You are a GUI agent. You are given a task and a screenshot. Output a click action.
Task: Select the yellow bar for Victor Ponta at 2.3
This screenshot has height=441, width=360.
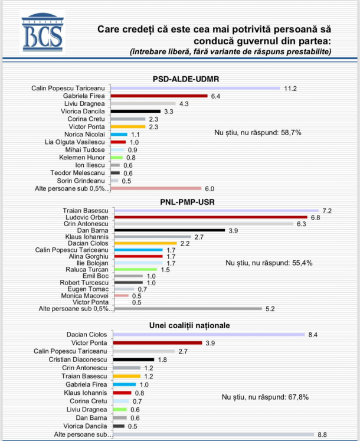coord(127,126)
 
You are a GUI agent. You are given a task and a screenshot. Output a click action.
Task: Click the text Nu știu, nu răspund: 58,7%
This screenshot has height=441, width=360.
coord(258,133)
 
